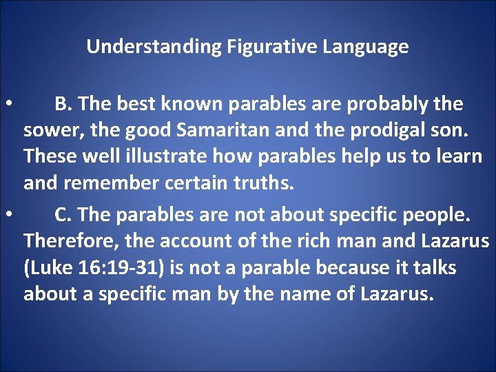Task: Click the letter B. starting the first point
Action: pyautogui.click(x=63, y=104)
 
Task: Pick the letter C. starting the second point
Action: pyautogui.click(x=63, y=215)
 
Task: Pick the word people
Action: pyautogui.click(x=439, y=216)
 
